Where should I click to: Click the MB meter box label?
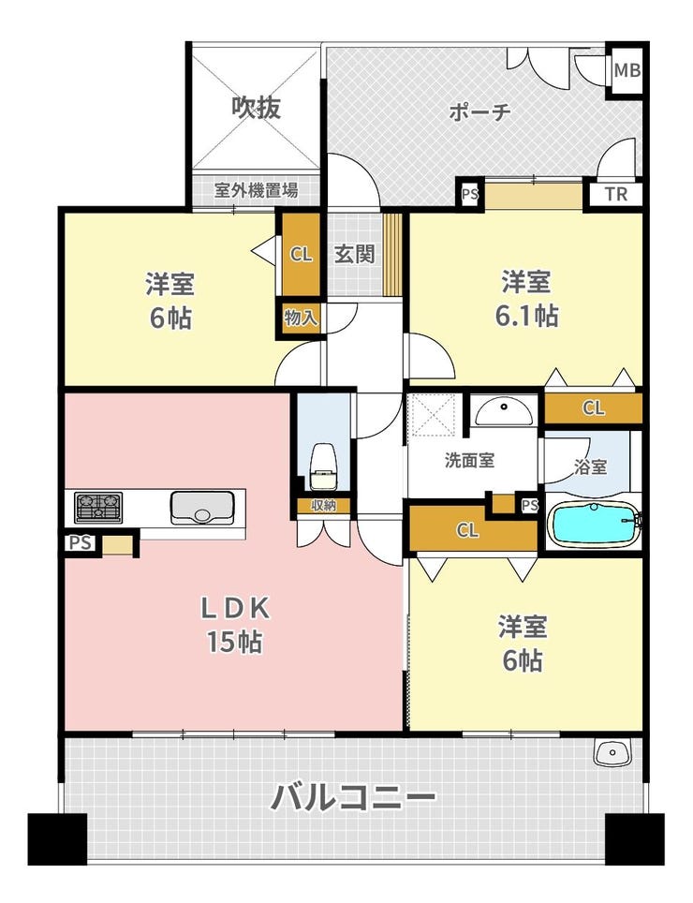pyautogui.click(x=627, y=70)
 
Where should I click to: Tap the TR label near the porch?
pyautogui.click(x=616, y=194)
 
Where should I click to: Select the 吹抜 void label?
pyautogui.click(x=257, y=107)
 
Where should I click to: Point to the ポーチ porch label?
pyautogui.click(x=479, y=111)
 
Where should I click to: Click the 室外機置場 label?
pyautogui.click(x=257, y=190)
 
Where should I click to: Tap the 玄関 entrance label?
pyautogui.click(x=355, y=254)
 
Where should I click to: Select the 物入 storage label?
pyautogui.click(x=301, y=317)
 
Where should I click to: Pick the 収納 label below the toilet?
pyautogui.click(x=323, y=506)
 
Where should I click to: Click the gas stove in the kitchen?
pyautogui.click(x=98, y=508)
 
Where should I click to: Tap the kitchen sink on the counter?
pyautogui.click(x=202, y=507)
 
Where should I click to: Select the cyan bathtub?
pyautogui.click(x=595, y=524)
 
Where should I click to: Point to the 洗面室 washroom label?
pyautogui.click(x=470, y=461)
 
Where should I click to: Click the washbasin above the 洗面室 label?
pyautogui.click(x=504, y=410)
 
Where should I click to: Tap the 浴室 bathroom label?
pyautogui.click(x=591, y=466)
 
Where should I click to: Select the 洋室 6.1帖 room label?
pyautogui.click(x=526, y=298)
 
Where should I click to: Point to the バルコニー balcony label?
pyautogui.click(x=353, y=797)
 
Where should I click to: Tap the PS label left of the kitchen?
pyautogui.click(x=81, y=543)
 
